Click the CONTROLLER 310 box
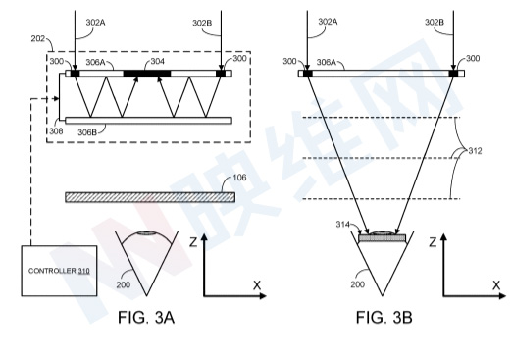[59, 271]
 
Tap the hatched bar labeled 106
[150, 197]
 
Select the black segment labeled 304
[147, 74]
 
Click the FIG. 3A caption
[146, 318]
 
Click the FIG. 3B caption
[384, 318]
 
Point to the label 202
[38, 38]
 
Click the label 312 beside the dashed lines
[475, 151]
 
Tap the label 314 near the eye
[343, 225]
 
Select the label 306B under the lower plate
[87, 132]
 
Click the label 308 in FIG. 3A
[56, 131]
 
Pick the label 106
[239, 178]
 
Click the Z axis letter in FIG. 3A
[193, 242]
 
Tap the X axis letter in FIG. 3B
[496, 285]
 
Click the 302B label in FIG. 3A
[202, 23]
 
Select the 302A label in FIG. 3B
[328, 22]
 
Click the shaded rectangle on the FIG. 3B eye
[382, 238]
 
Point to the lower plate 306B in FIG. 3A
[149, 121]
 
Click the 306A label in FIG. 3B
[327, 62]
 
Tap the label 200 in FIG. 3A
[124, 284]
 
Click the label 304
[158, 62]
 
